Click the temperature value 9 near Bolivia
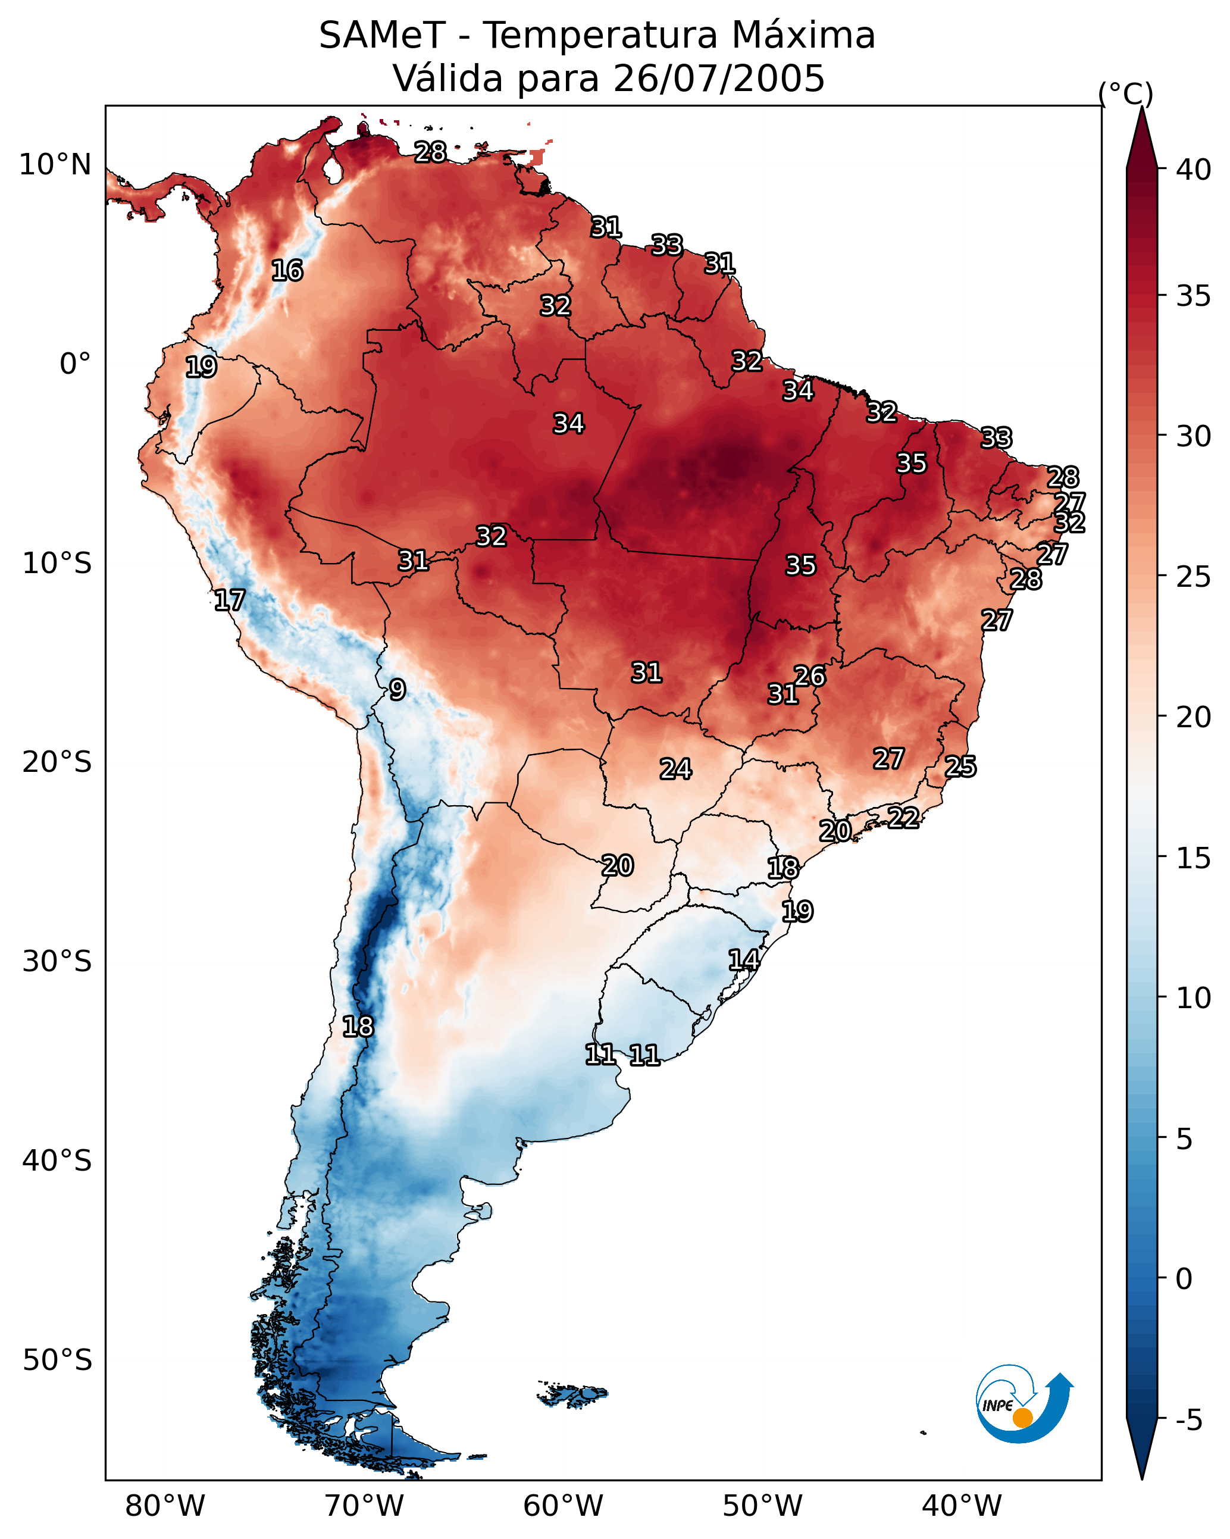[397, 690]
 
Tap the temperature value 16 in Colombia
[287, 271]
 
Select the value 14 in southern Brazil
[743, 959]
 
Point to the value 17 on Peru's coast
[229, 600]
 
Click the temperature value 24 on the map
[675, 769]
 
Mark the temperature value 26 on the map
[809, 675]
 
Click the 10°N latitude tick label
[55, 165]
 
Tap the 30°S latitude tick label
[57, 962]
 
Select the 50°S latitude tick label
[57, 1360]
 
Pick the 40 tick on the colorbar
[1193, 170]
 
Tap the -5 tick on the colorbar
[1188, 1421]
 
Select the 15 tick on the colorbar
[1193, 858]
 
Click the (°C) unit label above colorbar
[1125, 94]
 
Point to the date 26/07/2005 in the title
[718, 78]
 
